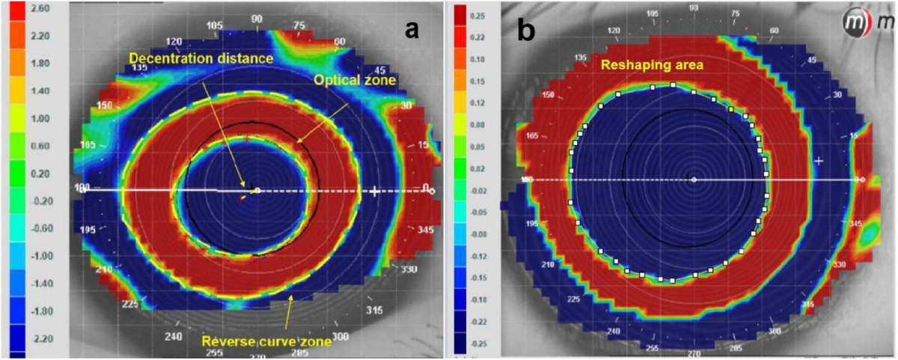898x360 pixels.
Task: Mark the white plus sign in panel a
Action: pos(375,192)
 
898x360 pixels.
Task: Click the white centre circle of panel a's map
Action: pos(257,191)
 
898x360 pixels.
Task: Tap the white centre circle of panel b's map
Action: pos(694,180)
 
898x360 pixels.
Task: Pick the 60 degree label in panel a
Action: pos(340,41)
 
